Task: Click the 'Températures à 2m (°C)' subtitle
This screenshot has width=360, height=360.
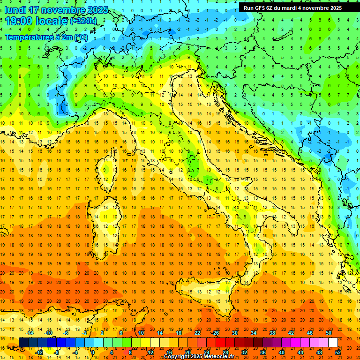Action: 46,37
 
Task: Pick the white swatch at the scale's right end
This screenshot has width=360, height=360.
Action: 333,342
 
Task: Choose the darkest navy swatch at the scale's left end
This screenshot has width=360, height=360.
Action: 23,342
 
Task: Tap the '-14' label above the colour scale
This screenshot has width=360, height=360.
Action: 30,333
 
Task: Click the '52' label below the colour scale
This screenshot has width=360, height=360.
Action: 338,352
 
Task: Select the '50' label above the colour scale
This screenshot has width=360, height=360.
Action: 329,333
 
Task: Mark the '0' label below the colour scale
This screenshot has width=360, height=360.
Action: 92,352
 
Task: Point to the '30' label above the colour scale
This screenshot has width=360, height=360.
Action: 234,333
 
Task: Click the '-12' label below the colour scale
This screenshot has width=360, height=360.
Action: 39,352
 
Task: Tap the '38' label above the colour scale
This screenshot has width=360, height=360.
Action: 272,333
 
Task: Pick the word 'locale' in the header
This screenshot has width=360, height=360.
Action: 52,21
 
